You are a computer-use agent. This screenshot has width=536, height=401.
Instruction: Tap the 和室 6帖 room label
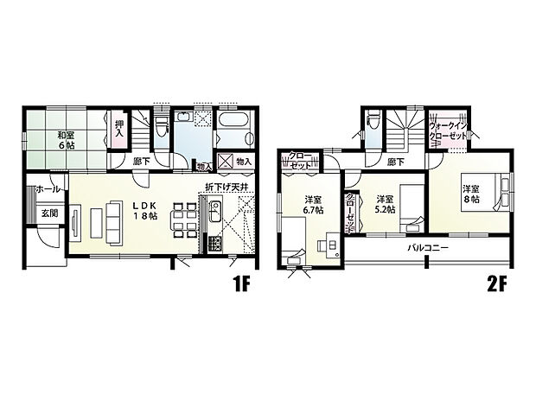click(66, 140)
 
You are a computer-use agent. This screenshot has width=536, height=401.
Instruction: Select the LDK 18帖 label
click(145, 211)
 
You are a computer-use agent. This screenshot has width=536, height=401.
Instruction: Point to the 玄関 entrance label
click(50, 213)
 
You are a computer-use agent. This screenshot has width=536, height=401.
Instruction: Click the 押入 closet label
click(119, 129)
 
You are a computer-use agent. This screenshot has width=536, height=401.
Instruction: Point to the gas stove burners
click(214, 244)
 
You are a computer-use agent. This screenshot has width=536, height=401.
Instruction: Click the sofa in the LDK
click(114, 223)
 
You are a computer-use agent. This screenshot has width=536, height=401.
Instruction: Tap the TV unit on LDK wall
click(75, 222)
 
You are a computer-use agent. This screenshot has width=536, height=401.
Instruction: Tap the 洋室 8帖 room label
click(471, 194)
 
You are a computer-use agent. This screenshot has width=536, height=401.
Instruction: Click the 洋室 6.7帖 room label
click(313, 205)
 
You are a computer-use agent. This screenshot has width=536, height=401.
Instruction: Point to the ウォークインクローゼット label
click(448, 130)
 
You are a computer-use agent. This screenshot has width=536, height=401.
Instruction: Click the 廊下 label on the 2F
click(396, 162)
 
